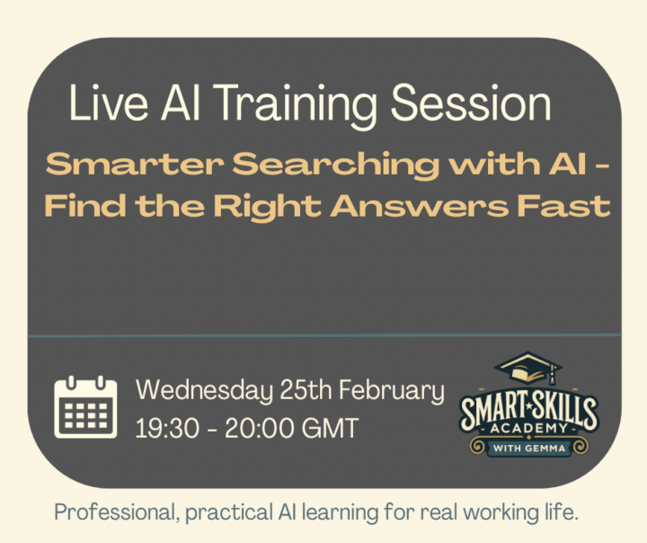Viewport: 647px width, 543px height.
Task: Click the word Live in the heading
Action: coord(98,104)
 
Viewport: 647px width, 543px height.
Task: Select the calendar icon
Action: coord(85,407)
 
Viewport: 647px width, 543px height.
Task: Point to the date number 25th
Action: coord(285,391)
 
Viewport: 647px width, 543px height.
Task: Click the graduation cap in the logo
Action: coord(529,368)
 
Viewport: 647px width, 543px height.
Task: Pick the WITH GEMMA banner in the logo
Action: coord(528,447)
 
